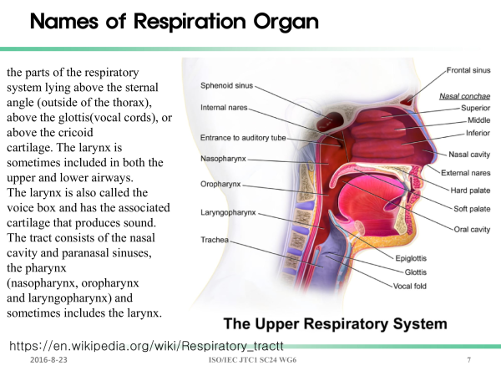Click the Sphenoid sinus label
[x=226, y=86]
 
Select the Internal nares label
[x=224, y=108]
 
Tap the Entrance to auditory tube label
[x=243, y=138]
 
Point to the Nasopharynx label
[x=223, y=159]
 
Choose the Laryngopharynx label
[x=228, y=212]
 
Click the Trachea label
[x=215, y=240]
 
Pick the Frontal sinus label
[x=468, y=70]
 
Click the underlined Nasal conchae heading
[x=464, y=96]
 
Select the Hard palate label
[x=470, y=191]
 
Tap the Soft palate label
[x=472, y=209]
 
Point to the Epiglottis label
[x=411, y=258]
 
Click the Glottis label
[x=415, y=272]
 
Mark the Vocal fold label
[x=410, y=286]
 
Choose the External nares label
[x=466, y=173]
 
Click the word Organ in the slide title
[x=286, y=22]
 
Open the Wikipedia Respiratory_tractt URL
[x=146, y=346]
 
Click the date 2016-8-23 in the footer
[x=48, y=360]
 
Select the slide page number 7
[x=468, y=360]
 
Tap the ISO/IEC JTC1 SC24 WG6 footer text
[x=252, y=360]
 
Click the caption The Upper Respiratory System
[x=335, y=323]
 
